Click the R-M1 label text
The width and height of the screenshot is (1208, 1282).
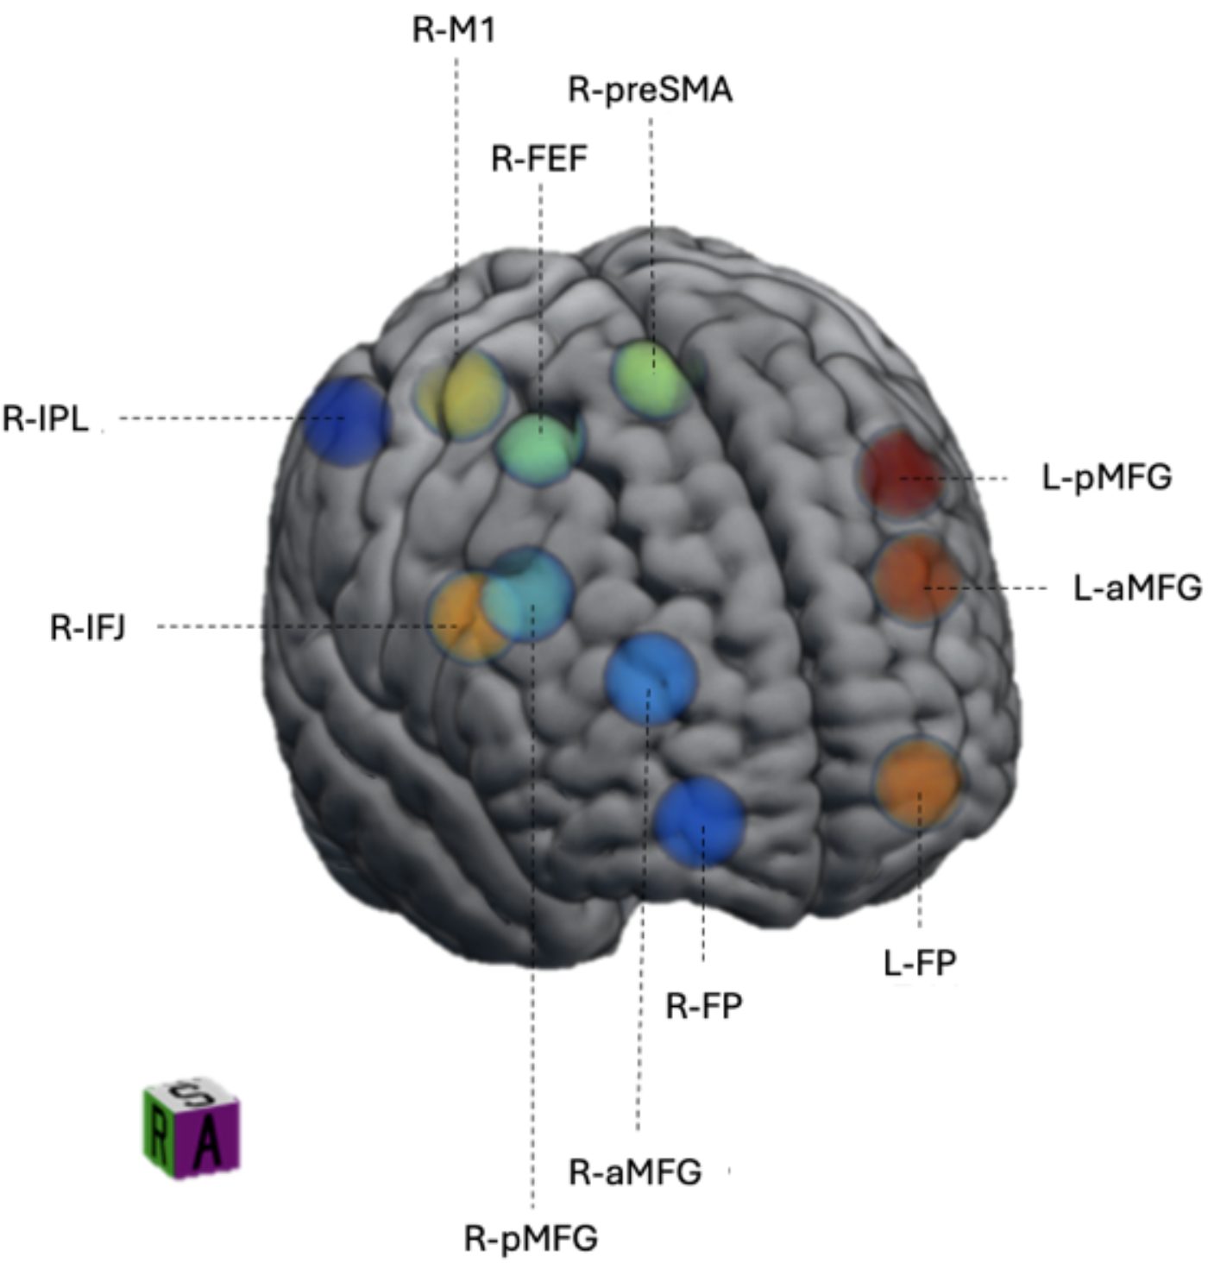click(454, 29)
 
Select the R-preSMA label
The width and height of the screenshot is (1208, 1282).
click(651, 90)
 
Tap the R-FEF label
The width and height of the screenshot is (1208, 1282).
click(540, 159)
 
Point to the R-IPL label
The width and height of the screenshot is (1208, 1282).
click(46, 419)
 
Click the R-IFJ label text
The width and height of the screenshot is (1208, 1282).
click(88, 627)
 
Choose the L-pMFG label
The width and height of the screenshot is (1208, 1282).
click(1107, 478)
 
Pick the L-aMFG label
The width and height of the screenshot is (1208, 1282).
click(1137, 588)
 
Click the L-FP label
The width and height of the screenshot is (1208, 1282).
click(920, 963)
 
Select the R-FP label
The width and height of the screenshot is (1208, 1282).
click(704, 1007)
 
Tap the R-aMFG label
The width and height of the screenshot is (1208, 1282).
click(635, 1172)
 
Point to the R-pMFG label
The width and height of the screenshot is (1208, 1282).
click(532, 1238)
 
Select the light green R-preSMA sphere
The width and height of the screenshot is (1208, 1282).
click(652, 380)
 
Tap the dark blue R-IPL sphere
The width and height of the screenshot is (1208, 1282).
click(347, 421)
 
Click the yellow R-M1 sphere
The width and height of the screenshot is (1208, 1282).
click(460, 394)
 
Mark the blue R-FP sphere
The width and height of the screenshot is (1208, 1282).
click(699, 821)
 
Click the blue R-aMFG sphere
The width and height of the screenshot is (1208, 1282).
click(651, 678)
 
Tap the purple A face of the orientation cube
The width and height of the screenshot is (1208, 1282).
click(208, 1141)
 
